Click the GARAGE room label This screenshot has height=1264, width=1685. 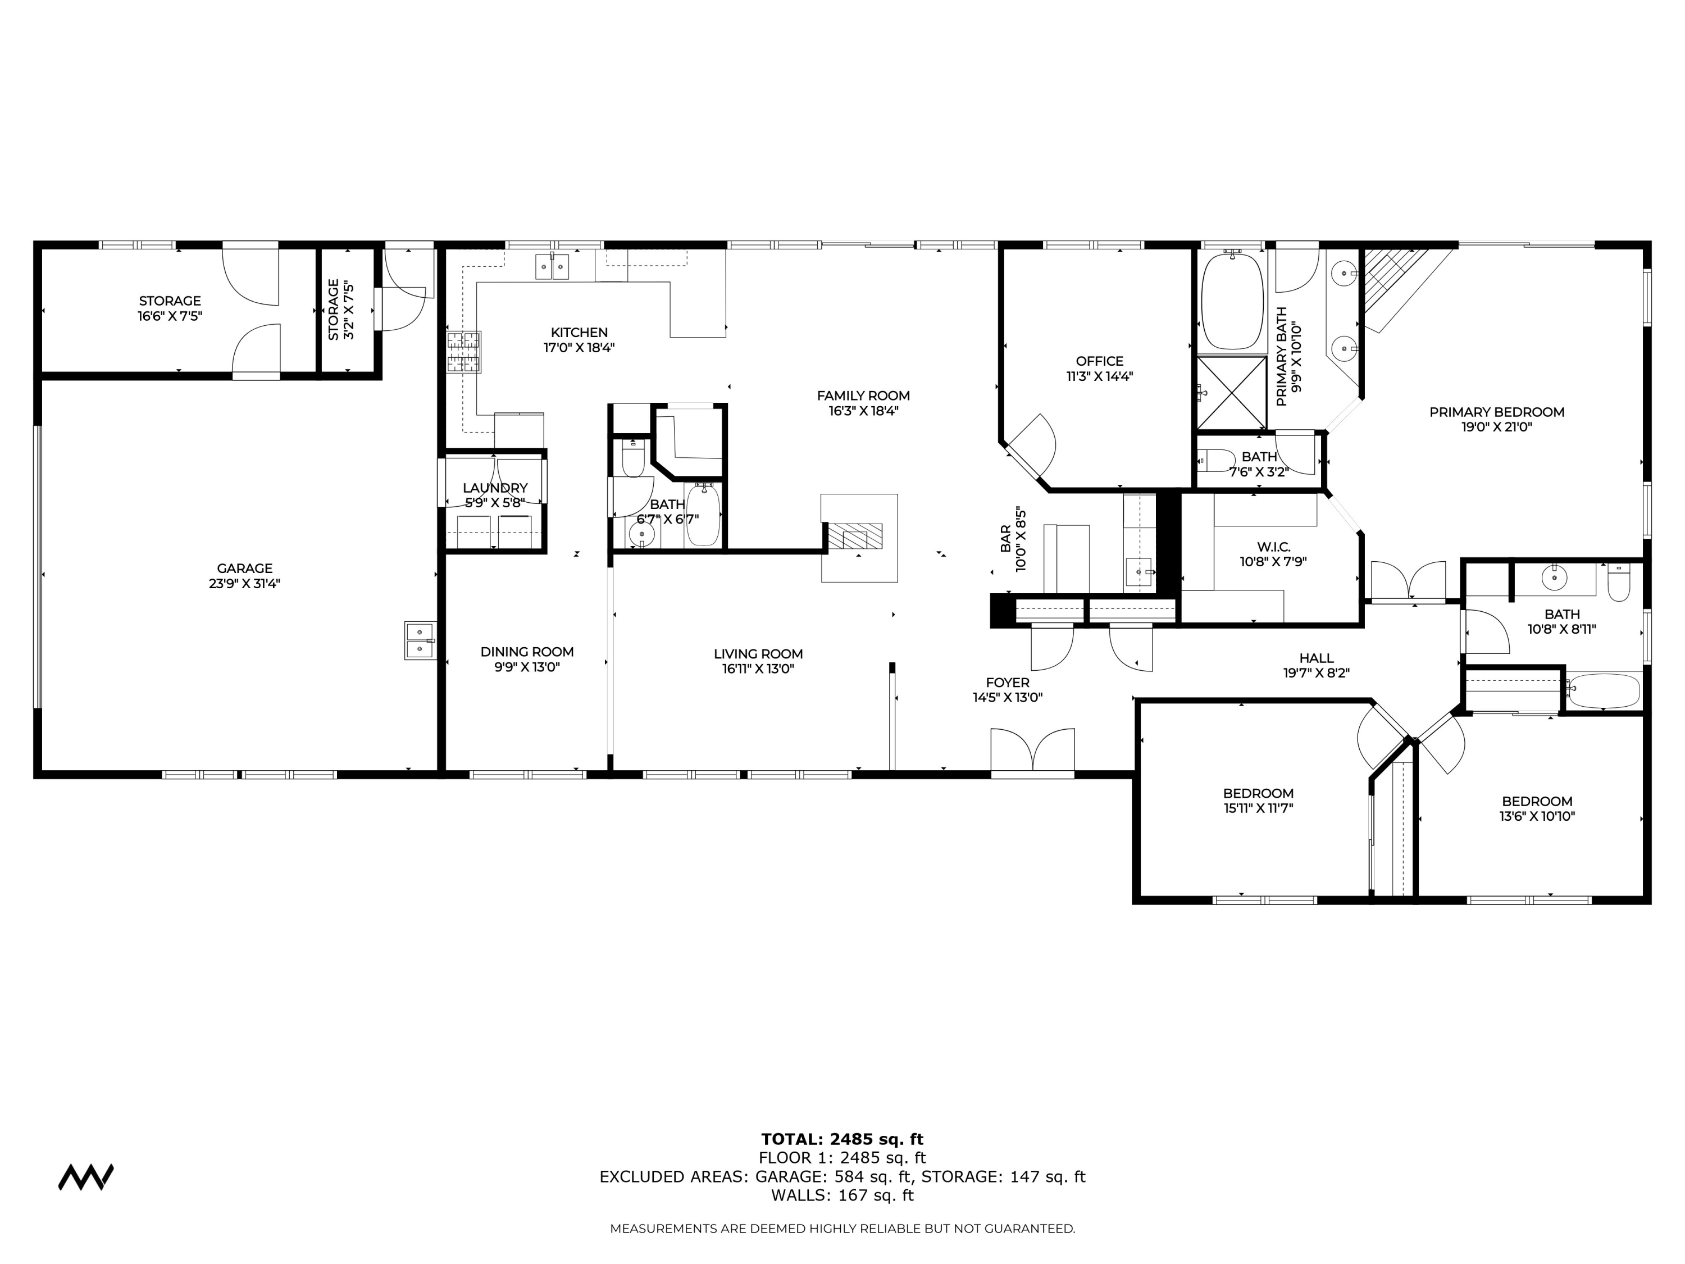244,569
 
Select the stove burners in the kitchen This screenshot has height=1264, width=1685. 464,352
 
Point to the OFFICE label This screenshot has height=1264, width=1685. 1099,361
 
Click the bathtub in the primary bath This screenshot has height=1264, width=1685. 1232,302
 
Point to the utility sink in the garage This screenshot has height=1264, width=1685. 420,640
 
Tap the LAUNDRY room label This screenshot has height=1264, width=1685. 495,488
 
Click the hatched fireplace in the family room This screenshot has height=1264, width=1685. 855,536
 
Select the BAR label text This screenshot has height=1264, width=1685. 1005,539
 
